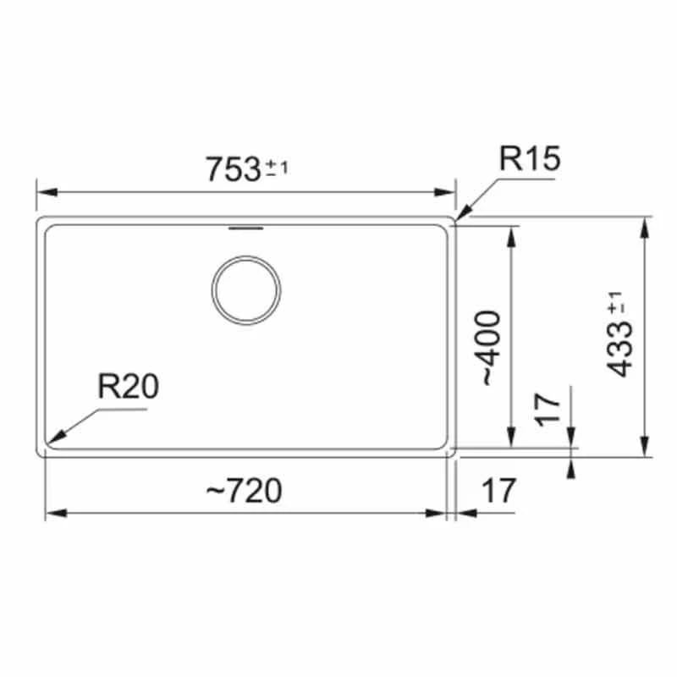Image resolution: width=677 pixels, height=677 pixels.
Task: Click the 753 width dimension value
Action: (x=233, y=170)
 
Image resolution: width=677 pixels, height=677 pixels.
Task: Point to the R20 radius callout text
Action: (x=128, y=388)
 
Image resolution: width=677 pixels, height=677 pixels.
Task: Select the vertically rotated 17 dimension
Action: (x=549, y=409)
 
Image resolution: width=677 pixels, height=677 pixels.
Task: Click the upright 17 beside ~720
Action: (x=498, y=491)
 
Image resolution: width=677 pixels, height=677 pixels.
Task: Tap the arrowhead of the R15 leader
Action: (x=462, y=215)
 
